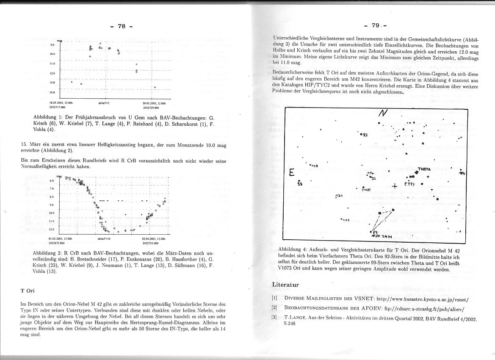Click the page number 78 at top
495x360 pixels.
122,26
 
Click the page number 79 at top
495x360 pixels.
376,26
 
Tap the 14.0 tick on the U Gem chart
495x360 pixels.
53,92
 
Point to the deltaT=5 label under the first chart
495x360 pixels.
104,102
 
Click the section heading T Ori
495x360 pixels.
28,291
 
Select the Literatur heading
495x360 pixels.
285,284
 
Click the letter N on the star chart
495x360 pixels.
384,114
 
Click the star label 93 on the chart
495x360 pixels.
365,135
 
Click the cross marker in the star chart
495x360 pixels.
395,186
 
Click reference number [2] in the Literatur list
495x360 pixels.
274,307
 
